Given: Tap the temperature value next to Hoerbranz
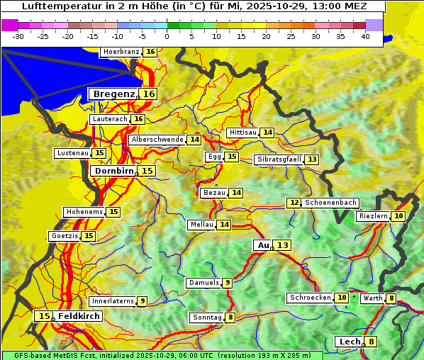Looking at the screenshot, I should click(x=150, y=52).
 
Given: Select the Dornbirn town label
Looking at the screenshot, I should click(x=113, y=171).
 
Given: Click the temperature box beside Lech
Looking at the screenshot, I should click(x=371, y=342).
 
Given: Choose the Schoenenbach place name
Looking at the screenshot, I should click(x=330, y=203).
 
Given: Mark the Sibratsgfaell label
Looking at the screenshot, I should click(x=279, y=159).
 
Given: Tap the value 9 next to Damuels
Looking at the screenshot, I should click(x=227, y=283).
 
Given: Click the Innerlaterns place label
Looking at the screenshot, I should click(x=113, y=301).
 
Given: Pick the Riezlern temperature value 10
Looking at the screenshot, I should click(x=399, y=216).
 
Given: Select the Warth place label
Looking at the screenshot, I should click(x=372, y=298).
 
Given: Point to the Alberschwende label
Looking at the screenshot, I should click(x=157, y=140).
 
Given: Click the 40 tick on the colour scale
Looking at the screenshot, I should click(x=365, y=36).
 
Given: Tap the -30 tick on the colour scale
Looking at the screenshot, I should click(x=18, y=36).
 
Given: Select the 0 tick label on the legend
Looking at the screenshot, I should click(x=167, y=36).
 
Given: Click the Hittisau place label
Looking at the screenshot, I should click(x=242, y=133).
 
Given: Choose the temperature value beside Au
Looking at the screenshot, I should click(x=283, y=245).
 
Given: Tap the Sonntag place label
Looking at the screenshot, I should click(x=207, y=317).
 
